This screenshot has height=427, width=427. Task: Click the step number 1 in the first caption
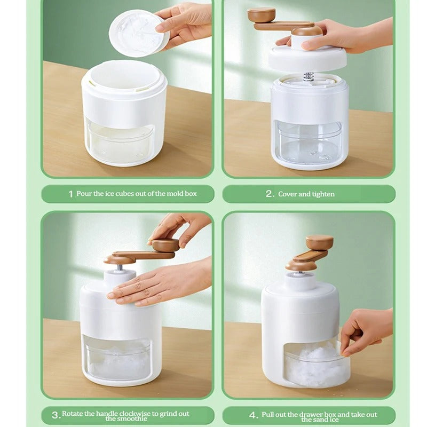click(x=71, y=194)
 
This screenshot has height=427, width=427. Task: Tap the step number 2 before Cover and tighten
click(x=269, y=194)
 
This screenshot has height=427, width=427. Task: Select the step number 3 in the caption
click(x=55, y=415)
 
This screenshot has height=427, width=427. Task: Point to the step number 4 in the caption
click(x=252, y=415)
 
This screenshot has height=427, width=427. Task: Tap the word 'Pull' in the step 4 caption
click(x=268, y=415)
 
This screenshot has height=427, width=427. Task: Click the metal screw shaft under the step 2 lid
click(x=309, y=76)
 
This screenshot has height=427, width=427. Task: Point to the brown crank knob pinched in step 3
click(x=165, y=245)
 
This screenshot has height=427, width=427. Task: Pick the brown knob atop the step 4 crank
click(x=320, y=242)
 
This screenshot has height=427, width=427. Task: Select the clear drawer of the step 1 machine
click(x=119, y=142)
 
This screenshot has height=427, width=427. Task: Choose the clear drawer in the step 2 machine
click(x=309, y=142)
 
